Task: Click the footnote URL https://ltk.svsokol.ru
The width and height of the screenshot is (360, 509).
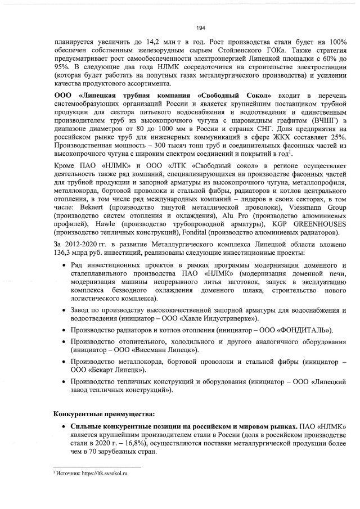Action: (x=105, y=474)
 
